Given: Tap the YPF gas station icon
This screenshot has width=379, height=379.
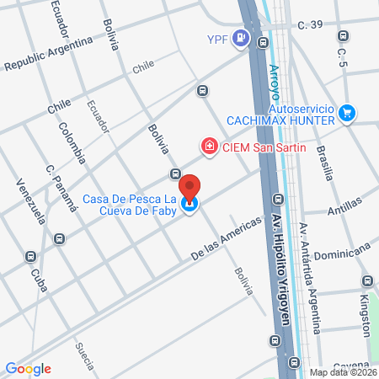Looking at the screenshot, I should click(242, 38).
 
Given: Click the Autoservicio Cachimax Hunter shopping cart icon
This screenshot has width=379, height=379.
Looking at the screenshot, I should click(347, 112).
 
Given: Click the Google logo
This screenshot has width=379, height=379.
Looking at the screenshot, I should click(28, 368).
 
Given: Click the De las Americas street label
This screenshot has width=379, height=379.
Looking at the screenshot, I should click(222, 242).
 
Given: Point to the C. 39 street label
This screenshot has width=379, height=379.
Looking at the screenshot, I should click(312, 25).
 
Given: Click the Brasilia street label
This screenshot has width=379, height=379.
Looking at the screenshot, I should click(325, 158).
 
